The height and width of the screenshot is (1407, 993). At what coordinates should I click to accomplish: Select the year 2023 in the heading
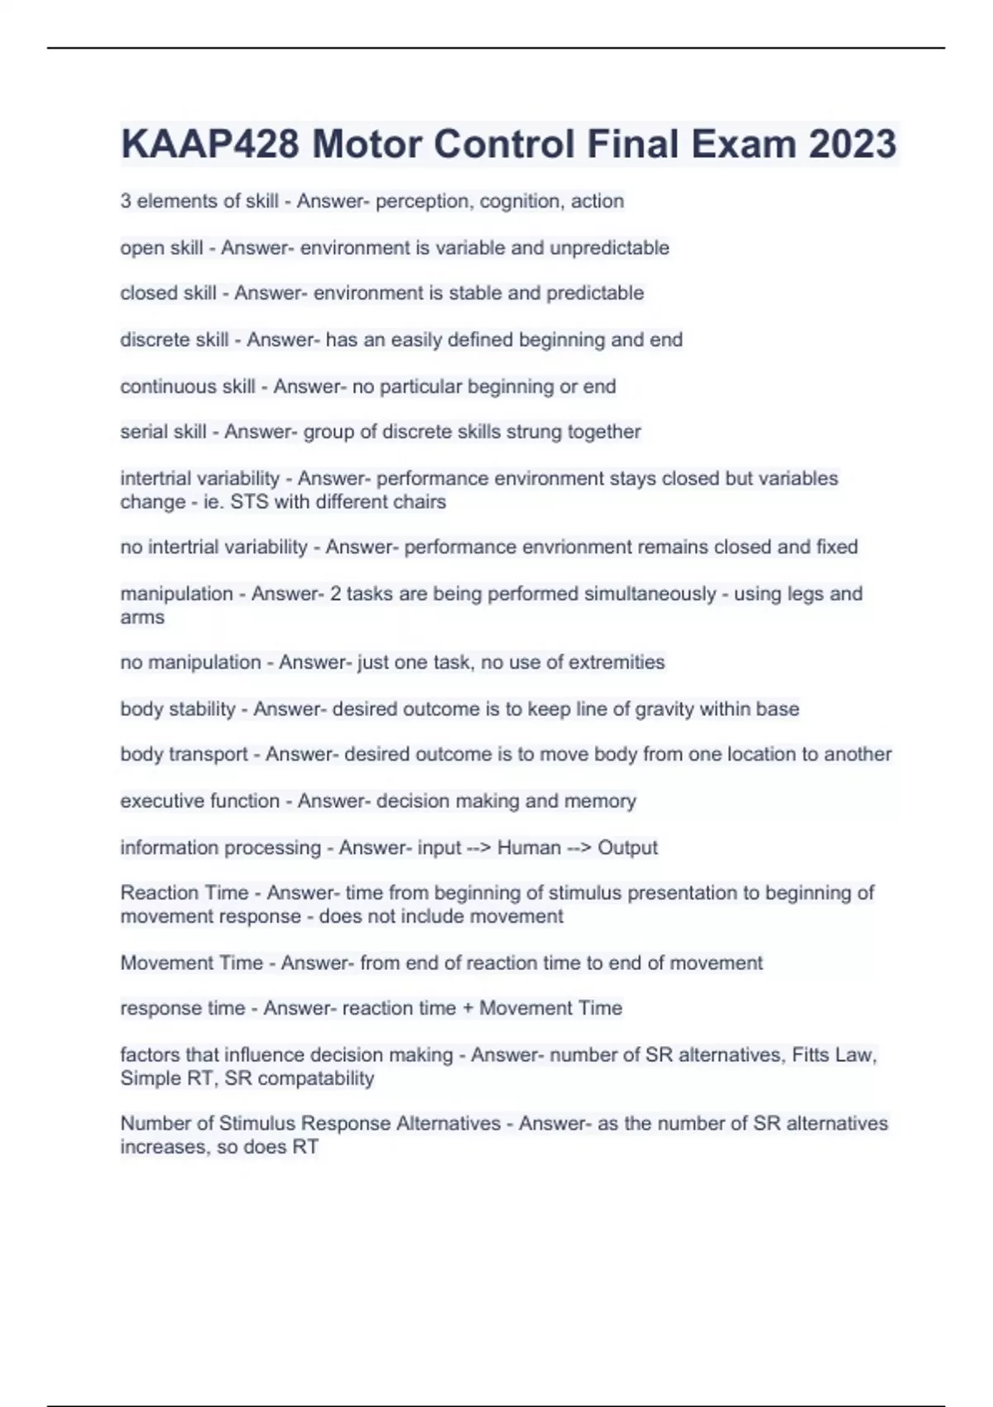coord(852,144)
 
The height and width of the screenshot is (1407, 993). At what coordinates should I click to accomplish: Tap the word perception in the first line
coord(422,201)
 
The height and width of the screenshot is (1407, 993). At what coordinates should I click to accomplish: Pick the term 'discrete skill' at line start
coord(174,339)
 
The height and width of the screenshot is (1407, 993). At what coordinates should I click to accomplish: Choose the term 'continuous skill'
coord(188,387)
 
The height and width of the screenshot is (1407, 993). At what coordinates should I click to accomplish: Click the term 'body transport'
coord(184,754)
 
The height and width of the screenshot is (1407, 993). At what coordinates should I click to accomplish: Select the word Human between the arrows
coord(529,848)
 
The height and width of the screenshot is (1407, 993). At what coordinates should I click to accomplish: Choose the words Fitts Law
coord(831,1054)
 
